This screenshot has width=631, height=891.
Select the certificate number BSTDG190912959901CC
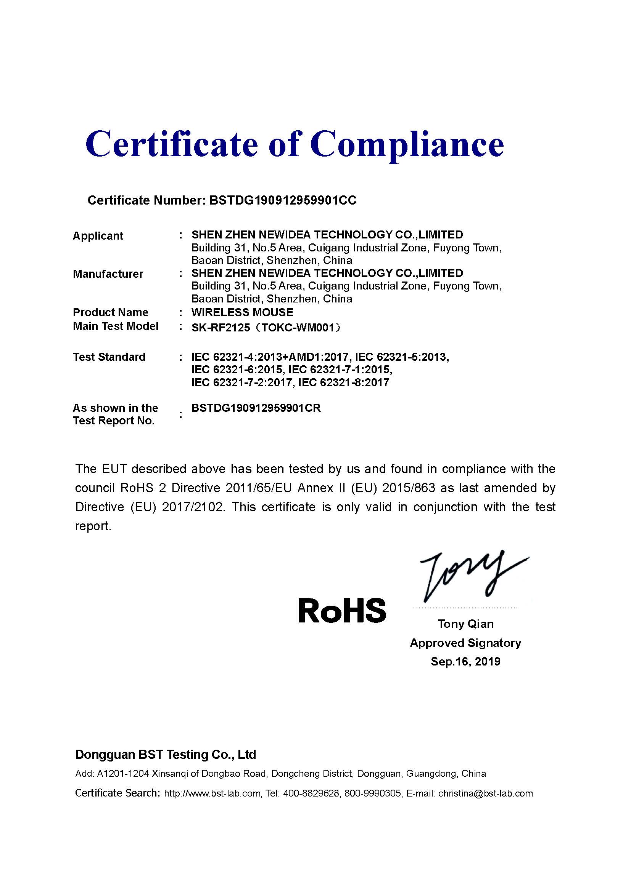coord(282,200)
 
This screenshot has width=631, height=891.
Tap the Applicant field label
coord(98,236)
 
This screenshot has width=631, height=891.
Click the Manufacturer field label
coord(108,274)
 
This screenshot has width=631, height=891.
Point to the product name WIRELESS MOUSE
coord(242,312)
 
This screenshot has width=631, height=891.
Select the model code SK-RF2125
coord(221,328)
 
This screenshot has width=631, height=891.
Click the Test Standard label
coord(109,357)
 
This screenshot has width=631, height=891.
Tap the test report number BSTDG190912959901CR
coord(256,408)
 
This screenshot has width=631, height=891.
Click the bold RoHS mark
coord(342,610)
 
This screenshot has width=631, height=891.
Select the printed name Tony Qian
coord(465,624)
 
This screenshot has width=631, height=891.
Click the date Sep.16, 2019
coord(465,661)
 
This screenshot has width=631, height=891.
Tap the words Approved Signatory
coord(465,643)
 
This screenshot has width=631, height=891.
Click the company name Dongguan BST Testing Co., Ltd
coord(166,755)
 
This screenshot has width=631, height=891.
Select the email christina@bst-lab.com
coord(485,793)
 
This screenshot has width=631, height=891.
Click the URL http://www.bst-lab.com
coord(212,793)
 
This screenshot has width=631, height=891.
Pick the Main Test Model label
coord(115,326)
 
